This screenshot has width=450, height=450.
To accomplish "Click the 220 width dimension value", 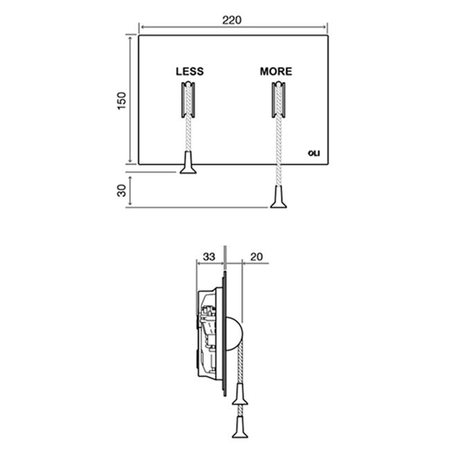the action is point(232,20).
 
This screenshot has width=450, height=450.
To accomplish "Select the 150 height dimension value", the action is point(122,100).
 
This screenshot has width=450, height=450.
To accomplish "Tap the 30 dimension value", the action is point(122,190).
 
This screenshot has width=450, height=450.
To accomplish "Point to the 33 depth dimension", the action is point(209,257).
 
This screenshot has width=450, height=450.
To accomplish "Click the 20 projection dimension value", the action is point(256,257).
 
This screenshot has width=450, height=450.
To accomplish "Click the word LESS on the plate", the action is point(190,71).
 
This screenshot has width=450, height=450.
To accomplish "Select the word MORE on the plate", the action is point(276,71).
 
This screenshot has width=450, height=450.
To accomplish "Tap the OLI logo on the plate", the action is point(314,154).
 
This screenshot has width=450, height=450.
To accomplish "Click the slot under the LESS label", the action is point(188,100).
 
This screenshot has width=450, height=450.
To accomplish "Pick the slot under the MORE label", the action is point(278,100).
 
